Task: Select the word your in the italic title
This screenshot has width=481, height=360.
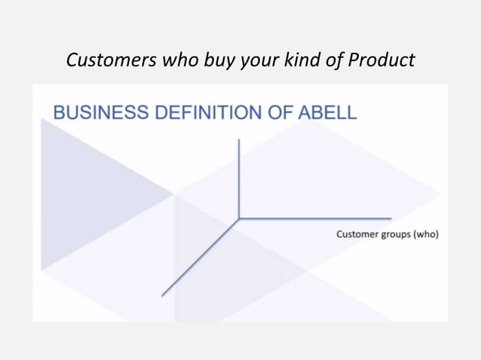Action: (x=257, y=59)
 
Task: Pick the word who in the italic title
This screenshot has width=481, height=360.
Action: (x=172, y=59)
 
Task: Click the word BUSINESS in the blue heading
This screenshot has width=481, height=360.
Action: (x=99, y=114)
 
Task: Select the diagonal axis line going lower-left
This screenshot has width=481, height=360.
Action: (x=201, y=257)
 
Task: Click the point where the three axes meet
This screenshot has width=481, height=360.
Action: (x=239, y=219)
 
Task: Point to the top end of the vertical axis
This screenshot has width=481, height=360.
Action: (x=239, y=139)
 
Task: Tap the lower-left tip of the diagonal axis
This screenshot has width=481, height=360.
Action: (x=163, y=294)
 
